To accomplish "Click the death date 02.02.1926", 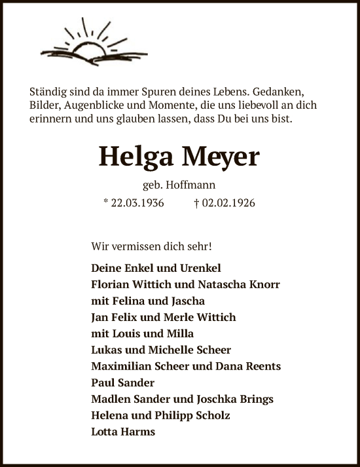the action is coord(228,203).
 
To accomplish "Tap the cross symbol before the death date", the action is coord(196,203).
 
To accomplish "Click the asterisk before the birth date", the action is coord(105,202).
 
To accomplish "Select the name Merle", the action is coord(176,318).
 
